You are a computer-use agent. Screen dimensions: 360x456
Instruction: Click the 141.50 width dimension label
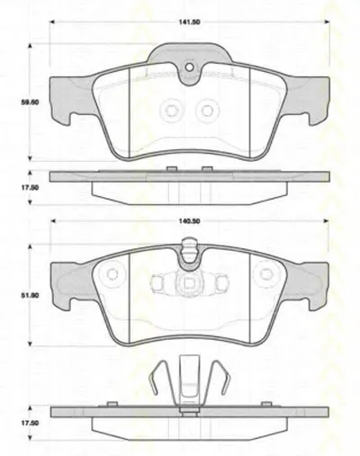190,22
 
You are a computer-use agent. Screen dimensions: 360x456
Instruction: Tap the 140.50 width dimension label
190,221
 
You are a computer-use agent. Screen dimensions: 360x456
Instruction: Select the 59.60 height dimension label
30,103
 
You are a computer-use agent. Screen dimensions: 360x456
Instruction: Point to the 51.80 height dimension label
30,295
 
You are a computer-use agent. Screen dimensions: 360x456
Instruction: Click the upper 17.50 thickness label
30,188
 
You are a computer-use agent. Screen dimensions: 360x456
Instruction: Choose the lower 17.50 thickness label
30,423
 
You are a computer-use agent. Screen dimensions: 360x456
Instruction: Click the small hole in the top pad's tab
189,67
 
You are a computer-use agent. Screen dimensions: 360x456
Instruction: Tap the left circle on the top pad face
171,111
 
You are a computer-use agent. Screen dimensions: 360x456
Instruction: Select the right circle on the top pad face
207,111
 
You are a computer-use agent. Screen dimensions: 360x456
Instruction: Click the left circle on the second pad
112,274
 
